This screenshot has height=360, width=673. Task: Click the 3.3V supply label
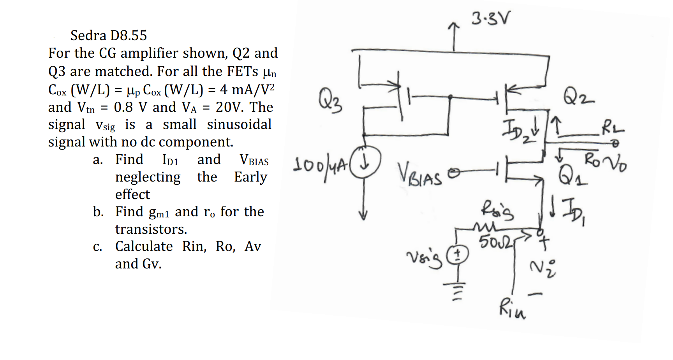coord(490,18)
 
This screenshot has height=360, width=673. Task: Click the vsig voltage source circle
coord(457,255)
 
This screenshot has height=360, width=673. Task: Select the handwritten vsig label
coord(425,259)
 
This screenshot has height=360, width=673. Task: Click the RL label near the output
coord(612,128)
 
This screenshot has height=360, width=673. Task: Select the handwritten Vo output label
coord(617,165)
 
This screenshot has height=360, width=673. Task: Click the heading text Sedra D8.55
coord(109,35)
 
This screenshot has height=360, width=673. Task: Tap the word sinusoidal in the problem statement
coord(239,124)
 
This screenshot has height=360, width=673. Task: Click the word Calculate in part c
coord(144,246)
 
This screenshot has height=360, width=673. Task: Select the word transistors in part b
coord(151,229)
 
